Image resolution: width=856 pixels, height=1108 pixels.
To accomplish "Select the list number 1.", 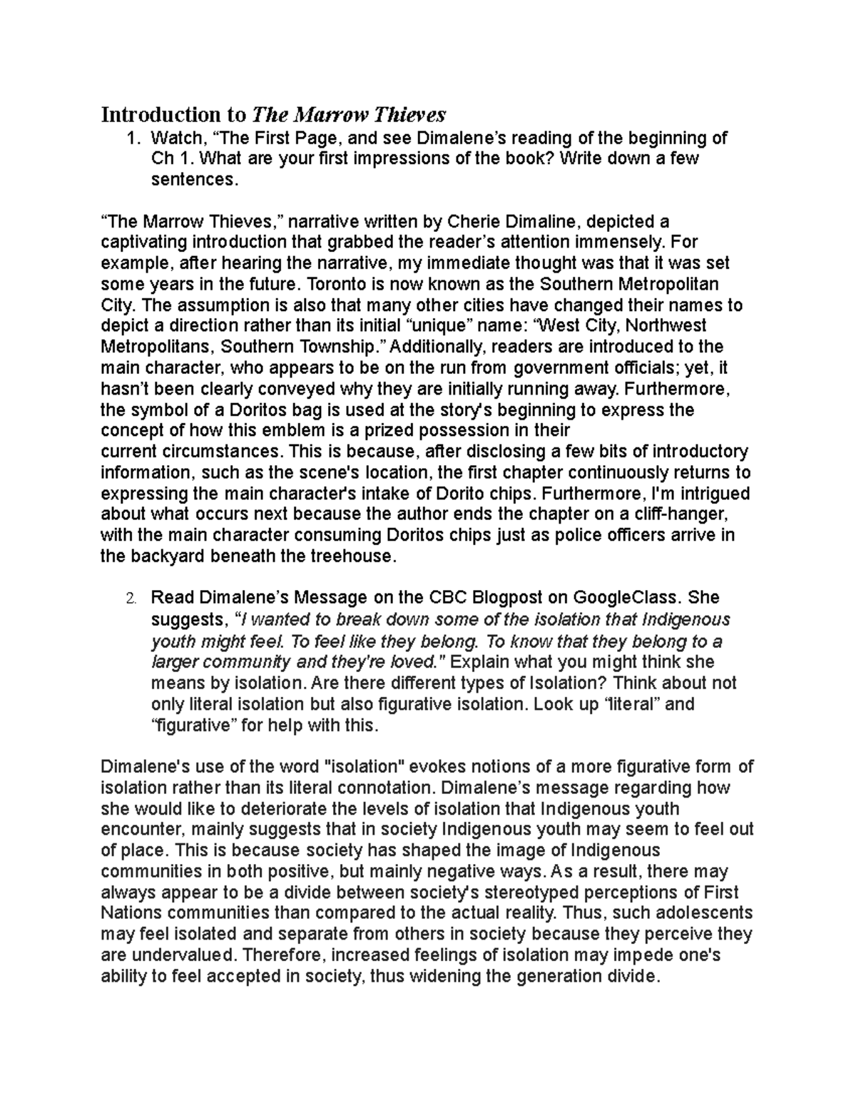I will (x=131, y=138).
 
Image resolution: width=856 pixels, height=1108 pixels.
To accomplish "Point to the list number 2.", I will (x=131, y=598).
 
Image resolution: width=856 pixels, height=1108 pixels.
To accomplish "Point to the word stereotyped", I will (x=534, y=893).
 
